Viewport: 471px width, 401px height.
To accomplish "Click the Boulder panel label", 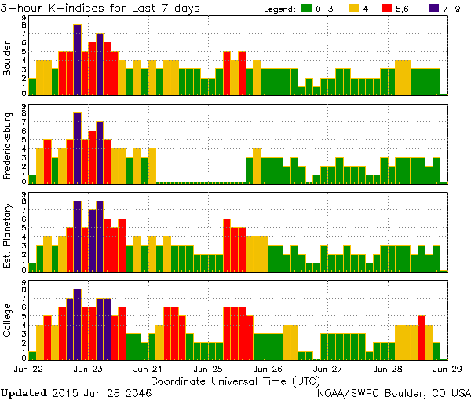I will click(x=8, y=59).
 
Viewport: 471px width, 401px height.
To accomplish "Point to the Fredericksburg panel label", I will click(x=8, y=148).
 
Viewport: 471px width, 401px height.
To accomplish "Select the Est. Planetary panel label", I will click(x=8, y=236).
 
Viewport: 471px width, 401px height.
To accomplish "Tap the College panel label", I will click(x=8, y=323).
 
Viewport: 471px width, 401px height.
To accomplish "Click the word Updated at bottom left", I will click(x=23, y=392).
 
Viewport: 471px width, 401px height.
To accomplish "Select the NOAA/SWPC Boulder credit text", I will click(x=393, y=392).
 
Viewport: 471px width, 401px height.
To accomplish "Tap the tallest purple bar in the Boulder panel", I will click(x=77, y=59).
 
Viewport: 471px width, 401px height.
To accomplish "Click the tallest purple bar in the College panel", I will click(x=77, y=323).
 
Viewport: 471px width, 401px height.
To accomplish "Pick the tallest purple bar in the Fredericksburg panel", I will click(x=77, y=148).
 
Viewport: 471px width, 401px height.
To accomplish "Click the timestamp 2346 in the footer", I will click(x=137, y=392).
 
